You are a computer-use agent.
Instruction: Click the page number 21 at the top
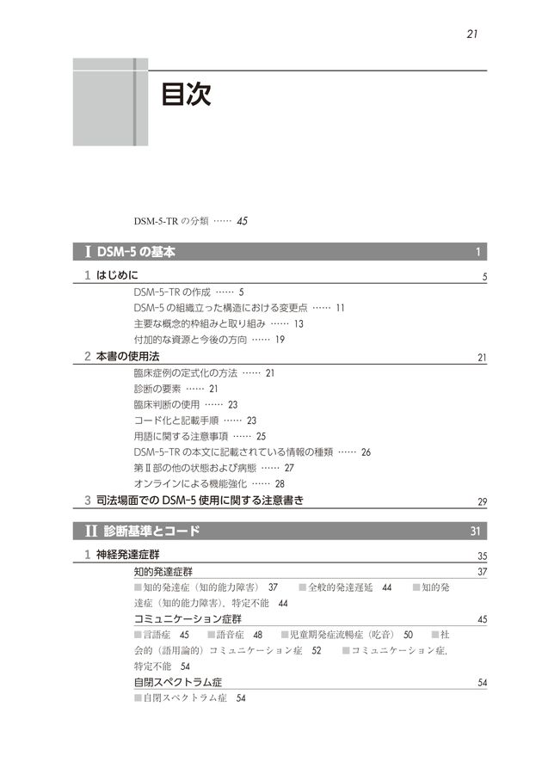pyautogui.click(x=472, y=34)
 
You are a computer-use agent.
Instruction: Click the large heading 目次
pyautogui.click(x=186, y=95)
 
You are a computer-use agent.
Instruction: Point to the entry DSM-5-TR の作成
pyautogui.click(x=173, y=292)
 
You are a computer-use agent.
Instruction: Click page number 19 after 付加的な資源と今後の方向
pyautogui.click(x=280, y=339)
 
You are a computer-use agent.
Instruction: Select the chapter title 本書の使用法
pyautogui.click(x=127, y=356)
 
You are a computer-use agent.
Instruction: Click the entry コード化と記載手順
pyautogui.click(x=175, y=420)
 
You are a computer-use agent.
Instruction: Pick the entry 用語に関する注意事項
pyautogui.click(x=181, y=436)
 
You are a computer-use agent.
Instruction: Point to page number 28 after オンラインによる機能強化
pyautogui.click(x=280, y=483)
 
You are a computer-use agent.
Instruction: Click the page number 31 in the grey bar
pyautogui.click(x=476, y=531)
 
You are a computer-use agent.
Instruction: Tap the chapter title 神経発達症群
pyautogui.click(x=127, y=555)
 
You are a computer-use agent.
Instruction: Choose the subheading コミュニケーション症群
pyautogui.click(x=188, y=618)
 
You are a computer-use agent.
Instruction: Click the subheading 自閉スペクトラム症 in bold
pyautogui.click(x=178, y=682)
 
